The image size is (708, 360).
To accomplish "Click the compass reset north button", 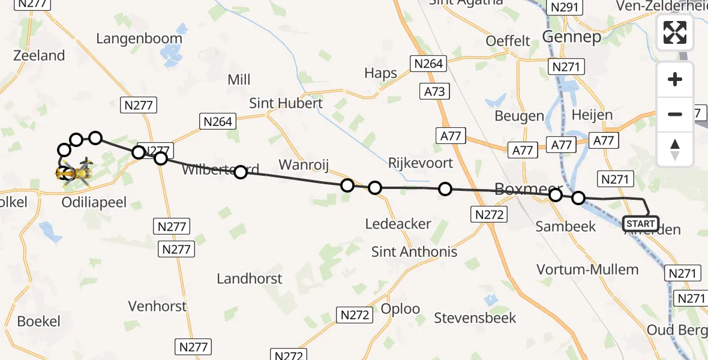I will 675,149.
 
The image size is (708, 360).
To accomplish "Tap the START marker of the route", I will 641,224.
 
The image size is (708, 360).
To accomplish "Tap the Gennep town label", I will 571,37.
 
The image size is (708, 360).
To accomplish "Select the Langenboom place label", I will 139,38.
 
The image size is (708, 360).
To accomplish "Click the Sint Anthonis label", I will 414,252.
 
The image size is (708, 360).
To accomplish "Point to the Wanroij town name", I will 304,164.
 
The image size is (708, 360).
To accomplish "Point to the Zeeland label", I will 38,56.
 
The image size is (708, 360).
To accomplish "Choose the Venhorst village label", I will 157,306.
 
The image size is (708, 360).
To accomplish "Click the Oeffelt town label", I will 508,41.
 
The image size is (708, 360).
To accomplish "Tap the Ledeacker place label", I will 398,224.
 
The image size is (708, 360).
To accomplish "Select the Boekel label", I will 38,321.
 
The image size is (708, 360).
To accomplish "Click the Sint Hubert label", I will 286,103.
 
